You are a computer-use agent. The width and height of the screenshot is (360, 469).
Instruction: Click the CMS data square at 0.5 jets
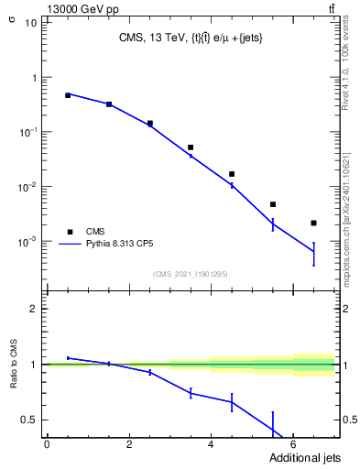pos(67,95)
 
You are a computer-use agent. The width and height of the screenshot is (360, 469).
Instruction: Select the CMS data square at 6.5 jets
pos(313,223)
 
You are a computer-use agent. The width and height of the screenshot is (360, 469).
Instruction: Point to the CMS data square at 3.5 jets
pos(191,147)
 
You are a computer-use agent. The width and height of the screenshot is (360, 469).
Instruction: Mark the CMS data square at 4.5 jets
pos(232,174)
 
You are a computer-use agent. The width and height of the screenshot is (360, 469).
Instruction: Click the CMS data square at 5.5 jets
pos(273,204)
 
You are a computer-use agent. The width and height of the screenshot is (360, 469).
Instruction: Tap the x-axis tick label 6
pos(293,444)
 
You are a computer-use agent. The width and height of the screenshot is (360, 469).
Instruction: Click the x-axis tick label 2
pos(129,444)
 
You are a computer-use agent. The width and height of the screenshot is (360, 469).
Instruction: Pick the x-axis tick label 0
pos(47,444)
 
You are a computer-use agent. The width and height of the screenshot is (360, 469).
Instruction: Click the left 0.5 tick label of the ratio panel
pos(29,420)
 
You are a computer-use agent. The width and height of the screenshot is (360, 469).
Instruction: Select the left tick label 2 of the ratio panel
pos(34,309)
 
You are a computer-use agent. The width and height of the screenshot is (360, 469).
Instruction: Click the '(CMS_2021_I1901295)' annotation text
pos(190,274)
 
